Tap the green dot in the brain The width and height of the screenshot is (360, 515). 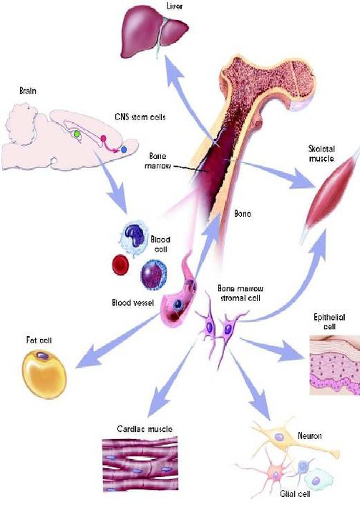click(77, 134)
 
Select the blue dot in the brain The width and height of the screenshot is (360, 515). click(124, 149)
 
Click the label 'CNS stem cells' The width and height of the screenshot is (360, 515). click(140, 117)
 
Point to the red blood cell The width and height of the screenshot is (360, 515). click(120, 265)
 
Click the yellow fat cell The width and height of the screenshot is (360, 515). click(44, 374)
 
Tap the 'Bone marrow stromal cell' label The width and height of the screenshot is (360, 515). click(240, 293)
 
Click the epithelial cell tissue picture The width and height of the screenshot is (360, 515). click(335, 365)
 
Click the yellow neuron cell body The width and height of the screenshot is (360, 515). click(279, 437)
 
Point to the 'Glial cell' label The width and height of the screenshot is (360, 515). click(295, 494)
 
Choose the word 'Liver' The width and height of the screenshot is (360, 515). click(174, 6)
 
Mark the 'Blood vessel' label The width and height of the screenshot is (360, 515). click(133, 303)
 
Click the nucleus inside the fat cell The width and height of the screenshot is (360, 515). click(42, 355)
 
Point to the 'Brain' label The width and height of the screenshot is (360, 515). click(28, 90)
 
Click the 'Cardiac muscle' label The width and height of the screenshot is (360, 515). click(145, 428)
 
